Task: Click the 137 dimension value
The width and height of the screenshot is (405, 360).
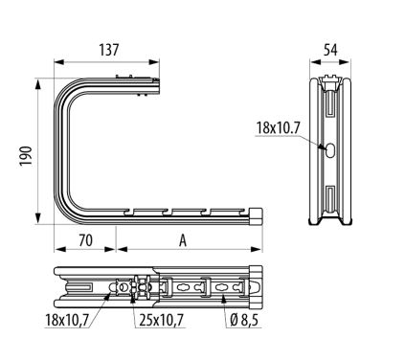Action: [x=109, y=50]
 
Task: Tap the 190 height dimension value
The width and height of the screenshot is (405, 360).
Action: [x=26, y=155]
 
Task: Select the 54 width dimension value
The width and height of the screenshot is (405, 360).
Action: [x=330, y=50]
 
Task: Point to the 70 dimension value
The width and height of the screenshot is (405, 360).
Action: [x=85, y=240]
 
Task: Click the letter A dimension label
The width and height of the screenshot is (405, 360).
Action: [x=183, y=240]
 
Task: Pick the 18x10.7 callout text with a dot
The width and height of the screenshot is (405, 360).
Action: [x=279, y=128]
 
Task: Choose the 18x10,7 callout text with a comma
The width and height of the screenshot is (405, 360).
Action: [x=67, y=320]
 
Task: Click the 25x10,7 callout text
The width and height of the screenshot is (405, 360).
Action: [x=162, y=320]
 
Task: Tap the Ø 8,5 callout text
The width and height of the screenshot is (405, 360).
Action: [x=244, y=320]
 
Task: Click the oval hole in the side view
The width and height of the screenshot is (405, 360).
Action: [x=330, y=149]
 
